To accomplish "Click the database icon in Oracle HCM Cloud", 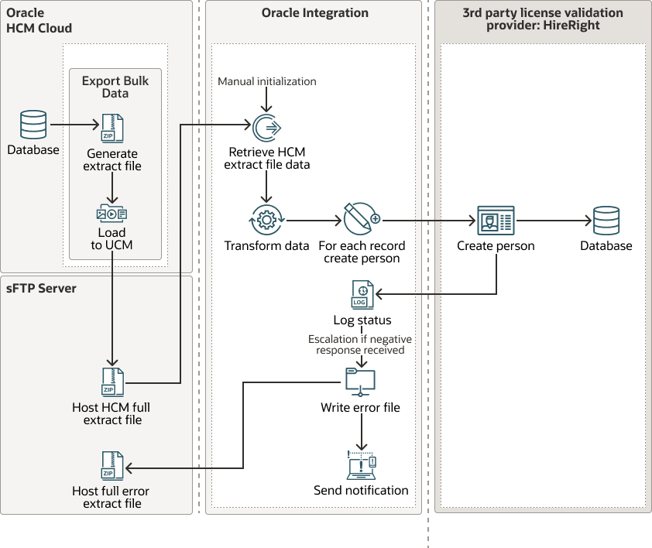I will [x=33, y=125].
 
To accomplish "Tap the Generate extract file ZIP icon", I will [x=112, y=128].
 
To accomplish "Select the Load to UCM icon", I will [x=112, y=214].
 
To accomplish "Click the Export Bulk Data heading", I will [x=115, y=87].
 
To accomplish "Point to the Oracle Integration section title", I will [x=314, y=13].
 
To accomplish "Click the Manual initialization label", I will [x=266, y=81].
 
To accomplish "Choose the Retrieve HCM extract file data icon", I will [x=266, y=126].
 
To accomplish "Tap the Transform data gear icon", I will [x=266, y=221].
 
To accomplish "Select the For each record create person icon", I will [x=361, y=220].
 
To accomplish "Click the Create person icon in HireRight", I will [x=496, y=221].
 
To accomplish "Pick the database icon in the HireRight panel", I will [x=606, y=221].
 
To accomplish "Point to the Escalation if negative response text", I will [x=360, y=344].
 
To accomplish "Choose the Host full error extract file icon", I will [x=112, y=467].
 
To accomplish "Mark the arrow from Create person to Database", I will [x=554, y=221].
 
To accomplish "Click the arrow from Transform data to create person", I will [x=314, y=221].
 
